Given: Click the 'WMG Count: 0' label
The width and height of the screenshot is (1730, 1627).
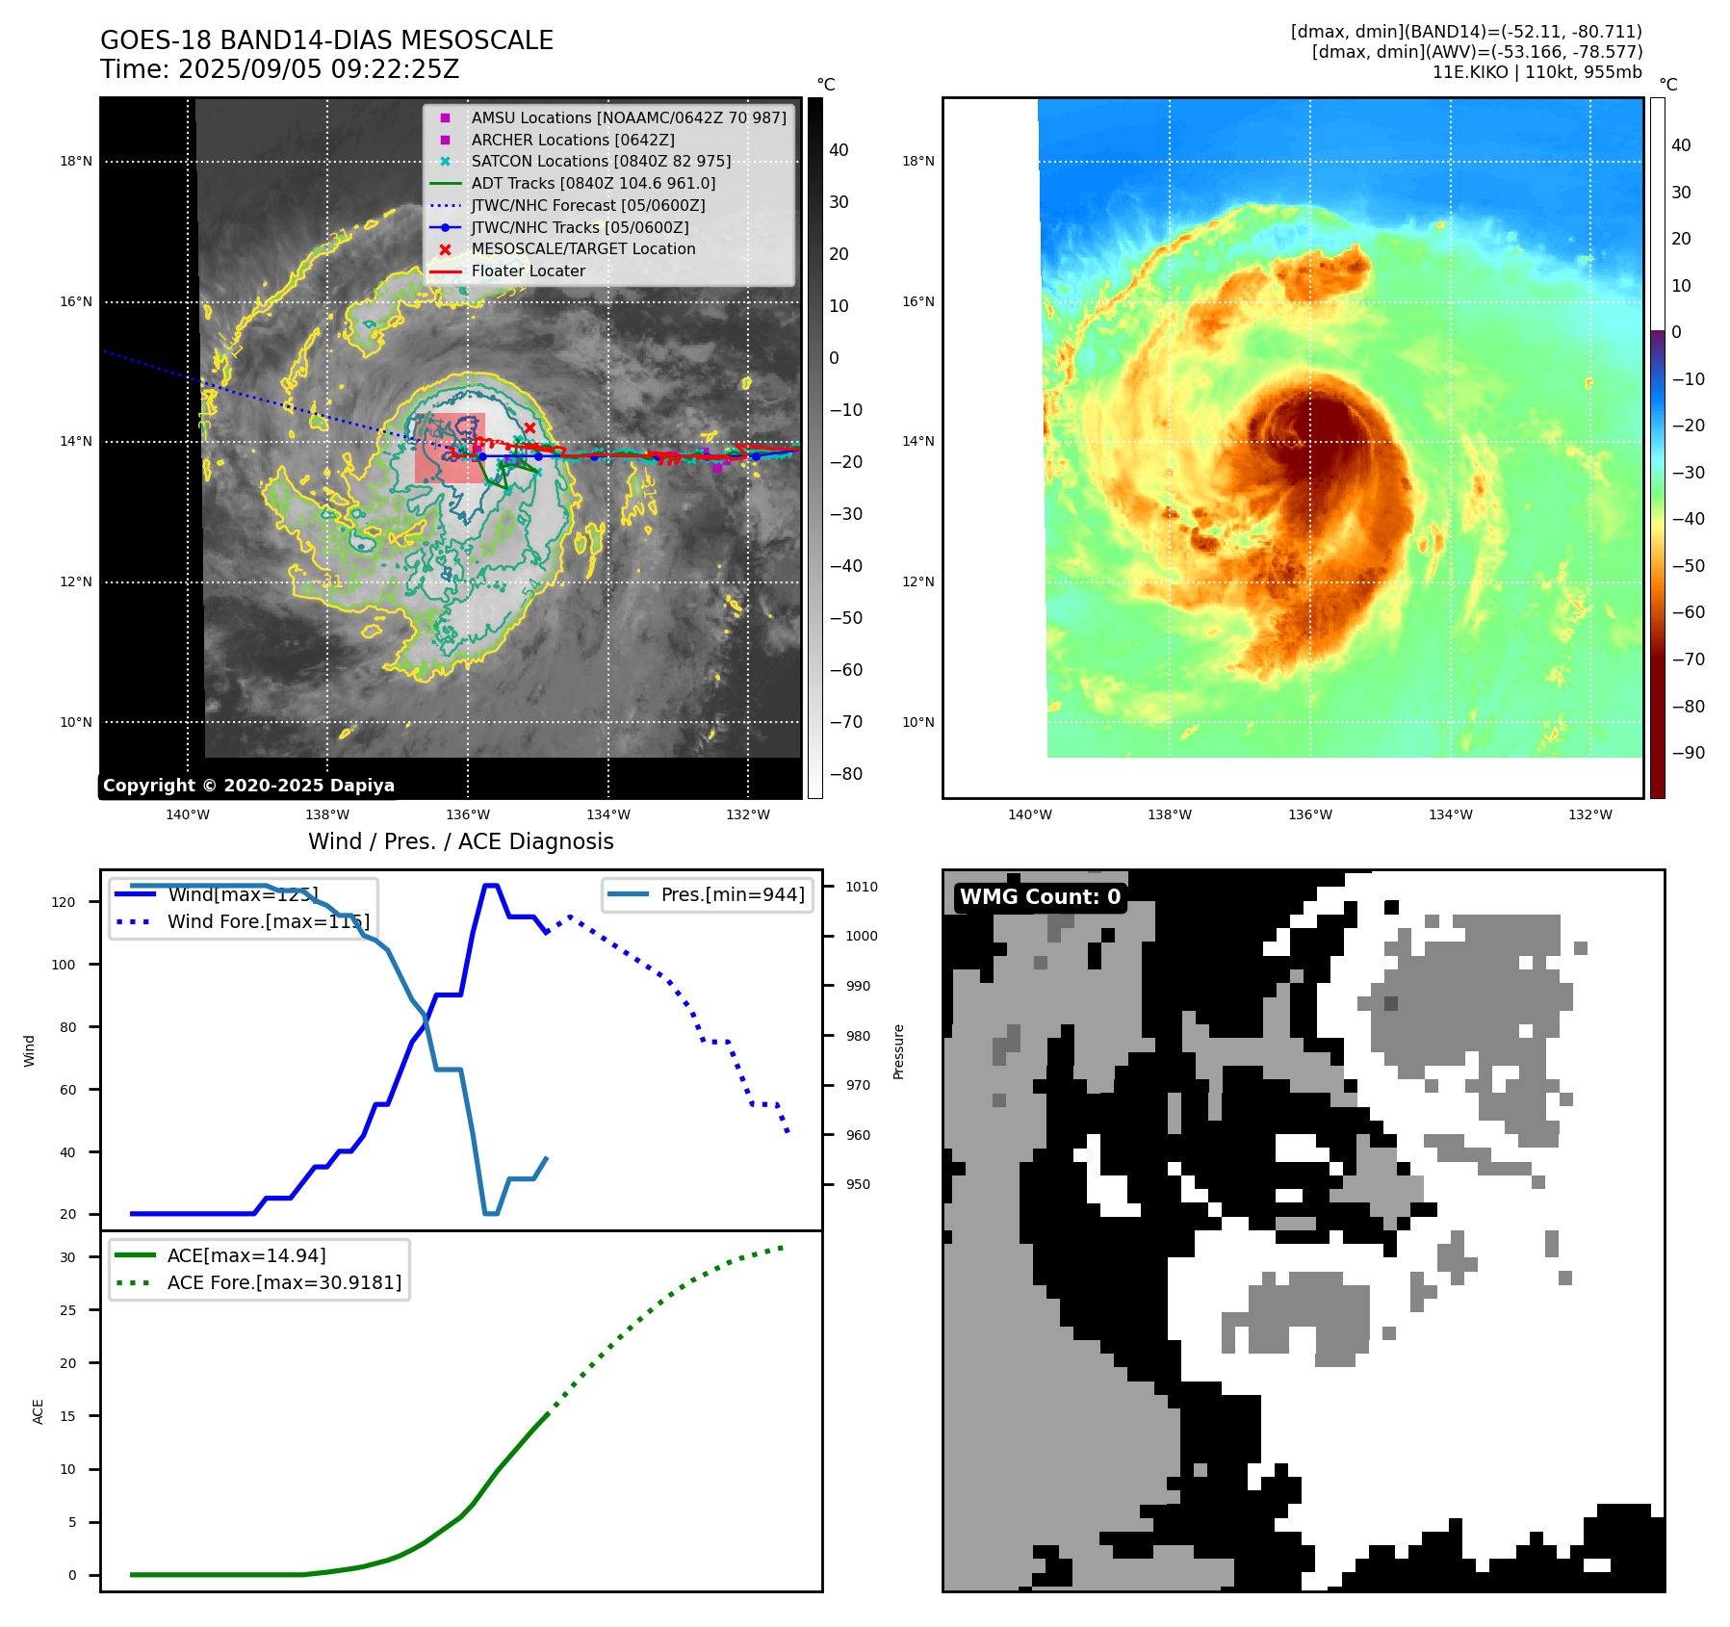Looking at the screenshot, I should [x=1040, y=897].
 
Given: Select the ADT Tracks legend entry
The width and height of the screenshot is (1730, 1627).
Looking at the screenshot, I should [x=593, y=183].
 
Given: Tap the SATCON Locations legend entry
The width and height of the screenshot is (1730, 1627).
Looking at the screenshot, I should [x=601, y=161].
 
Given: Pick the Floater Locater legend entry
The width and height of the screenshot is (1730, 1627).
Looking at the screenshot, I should [x=528, y=271].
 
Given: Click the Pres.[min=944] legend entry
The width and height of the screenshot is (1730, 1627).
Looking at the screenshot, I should [x=732, y=894].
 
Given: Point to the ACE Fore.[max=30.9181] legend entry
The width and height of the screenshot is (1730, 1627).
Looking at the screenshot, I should [x=284, y=1282].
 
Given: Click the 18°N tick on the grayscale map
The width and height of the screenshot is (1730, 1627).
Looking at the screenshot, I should [x=76, y=161].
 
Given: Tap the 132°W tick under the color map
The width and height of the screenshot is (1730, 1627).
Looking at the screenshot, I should [x=1589, y=814].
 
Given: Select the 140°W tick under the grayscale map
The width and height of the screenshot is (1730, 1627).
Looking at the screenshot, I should [x=188, y=814].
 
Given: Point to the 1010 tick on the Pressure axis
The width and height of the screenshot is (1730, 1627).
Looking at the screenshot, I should [x=862, y=887].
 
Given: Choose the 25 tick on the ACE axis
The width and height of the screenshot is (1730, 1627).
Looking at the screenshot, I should [x=67, y=1310].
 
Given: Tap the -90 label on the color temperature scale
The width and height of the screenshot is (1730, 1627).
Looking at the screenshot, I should [x=1689, y=753].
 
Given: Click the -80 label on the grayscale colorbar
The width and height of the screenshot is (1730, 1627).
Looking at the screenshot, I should [x=846, y=774].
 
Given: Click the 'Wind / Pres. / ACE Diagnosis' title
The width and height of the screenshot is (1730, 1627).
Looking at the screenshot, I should [x=460, y=841].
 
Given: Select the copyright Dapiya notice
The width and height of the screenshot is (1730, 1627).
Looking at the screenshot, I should [x=248, y=786].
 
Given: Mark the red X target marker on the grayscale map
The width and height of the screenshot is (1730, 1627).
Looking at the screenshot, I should [x=529, y=427].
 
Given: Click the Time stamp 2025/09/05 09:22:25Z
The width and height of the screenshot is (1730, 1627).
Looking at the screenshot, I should [x=279, y=70].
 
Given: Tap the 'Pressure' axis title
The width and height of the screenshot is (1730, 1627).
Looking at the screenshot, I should [x=899, y=1051].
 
